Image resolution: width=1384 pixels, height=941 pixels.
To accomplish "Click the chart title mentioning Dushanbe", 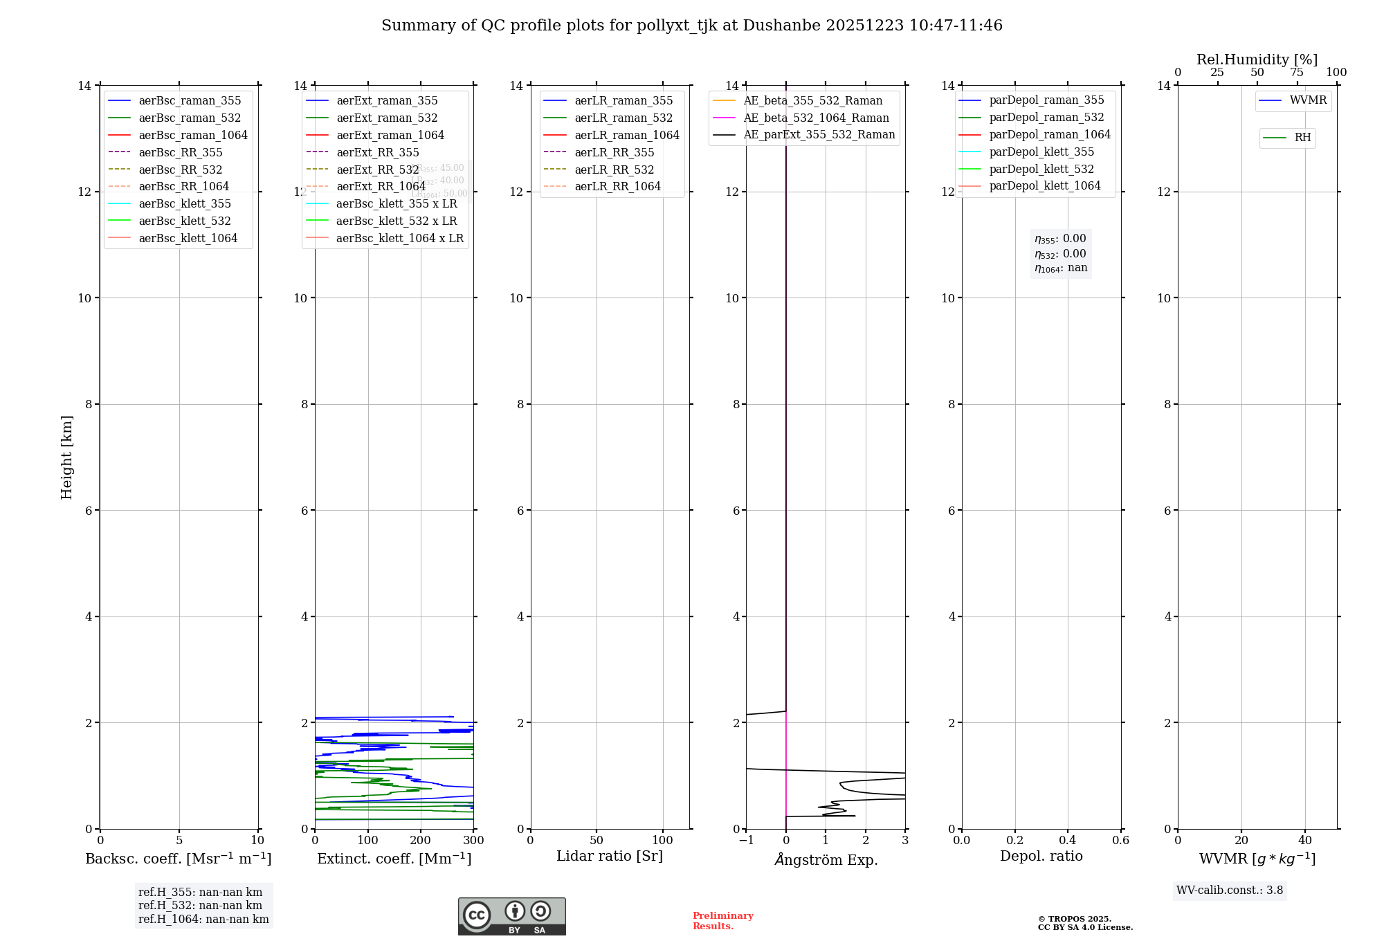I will click(x=691, y=26).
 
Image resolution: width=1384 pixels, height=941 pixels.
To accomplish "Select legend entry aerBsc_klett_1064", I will click(x=188, y=238).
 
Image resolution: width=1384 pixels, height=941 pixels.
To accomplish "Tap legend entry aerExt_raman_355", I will click(x=387, y=101).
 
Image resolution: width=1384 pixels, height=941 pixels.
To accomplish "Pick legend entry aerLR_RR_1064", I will click(x=617, y=186).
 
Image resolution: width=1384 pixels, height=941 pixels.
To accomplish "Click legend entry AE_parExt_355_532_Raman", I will click(x=819, y=134).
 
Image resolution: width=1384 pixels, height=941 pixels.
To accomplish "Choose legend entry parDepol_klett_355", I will click(x=1041, y=152).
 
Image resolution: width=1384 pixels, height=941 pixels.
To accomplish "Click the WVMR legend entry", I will click(x=1308, y=100).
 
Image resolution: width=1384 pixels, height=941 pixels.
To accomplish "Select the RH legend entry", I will click(x=1302, y=138).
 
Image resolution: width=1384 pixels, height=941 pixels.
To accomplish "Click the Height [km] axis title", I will click(x=66, y=457).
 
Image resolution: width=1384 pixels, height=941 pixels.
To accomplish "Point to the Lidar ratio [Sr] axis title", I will click(x=610, y=856).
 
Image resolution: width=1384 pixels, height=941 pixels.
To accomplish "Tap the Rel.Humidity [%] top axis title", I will click(x=1257, y=60).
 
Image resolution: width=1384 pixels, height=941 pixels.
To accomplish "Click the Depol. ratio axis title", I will click(x=1041, y=856).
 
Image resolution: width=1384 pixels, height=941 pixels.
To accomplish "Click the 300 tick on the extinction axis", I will click(x=473, y=841).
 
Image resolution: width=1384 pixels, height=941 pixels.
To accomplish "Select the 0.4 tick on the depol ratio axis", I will click(x=1068, y=841).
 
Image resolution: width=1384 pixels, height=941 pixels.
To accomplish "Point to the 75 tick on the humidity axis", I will click(x=1297, y=73).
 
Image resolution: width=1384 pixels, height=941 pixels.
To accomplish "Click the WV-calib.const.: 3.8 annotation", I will click(x=1229, y=890).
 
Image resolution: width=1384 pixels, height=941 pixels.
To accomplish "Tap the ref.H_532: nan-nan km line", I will click(x=200, y=905).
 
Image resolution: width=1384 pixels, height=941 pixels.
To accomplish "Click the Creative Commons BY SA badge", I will click(x=511, y=916).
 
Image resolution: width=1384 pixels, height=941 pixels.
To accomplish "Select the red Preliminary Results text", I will click(x=722, y=921).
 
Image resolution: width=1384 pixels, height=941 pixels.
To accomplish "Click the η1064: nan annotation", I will click(x=1060, y=268).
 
